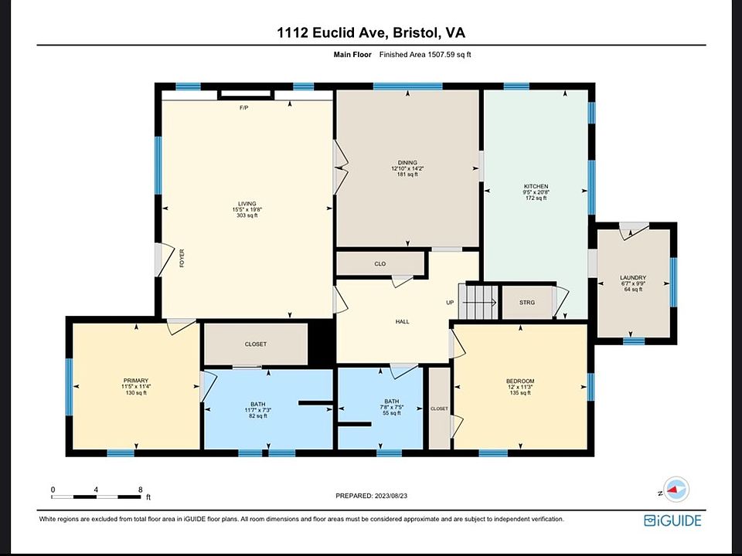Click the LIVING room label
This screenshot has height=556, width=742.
tap(247, 204)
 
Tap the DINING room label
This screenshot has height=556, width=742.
tap(407, 163)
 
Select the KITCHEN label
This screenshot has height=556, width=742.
tap(536, 186)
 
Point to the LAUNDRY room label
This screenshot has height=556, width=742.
tap(633, 277)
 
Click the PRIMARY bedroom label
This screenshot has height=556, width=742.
tap(136, 381)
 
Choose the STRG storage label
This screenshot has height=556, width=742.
tap(526, 303)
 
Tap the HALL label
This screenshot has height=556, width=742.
tap(402, 321)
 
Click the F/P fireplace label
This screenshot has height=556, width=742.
tap(243, 108)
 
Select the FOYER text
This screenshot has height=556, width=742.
tap(182, 258)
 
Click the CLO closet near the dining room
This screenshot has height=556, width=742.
tap(380, 264)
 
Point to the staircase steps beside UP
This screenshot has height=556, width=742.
tap(478, 302)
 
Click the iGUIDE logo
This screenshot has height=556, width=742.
tap(672, 520)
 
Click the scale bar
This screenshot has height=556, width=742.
tap(96, 497)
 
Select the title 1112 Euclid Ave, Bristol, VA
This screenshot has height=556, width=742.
tap(371, 32)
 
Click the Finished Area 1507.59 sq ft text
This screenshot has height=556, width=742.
tap(425, 54)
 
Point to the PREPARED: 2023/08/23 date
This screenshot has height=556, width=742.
tap(372, 496)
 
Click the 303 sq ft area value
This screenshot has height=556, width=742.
tap(247, 215)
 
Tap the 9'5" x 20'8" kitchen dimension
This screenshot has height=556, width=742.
tap(536, 192)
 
